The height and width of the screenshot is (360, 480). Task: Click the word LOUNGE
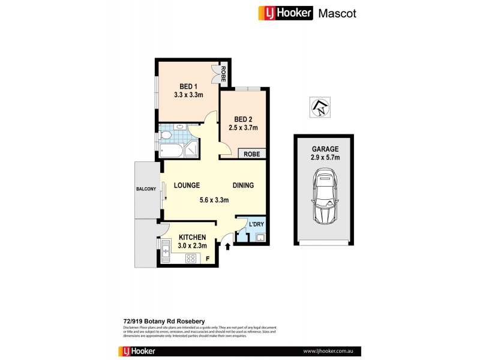(187, 186)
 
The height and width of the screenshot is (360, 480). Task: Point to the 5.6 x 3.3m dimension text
(214, 200)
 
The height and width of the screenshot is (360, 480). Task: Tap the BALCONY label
(146, 189)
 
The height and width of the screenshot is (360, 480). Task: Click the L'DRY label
(256, 224)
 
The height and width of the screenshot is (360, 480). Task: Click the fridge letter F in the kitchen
(208, 259)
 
